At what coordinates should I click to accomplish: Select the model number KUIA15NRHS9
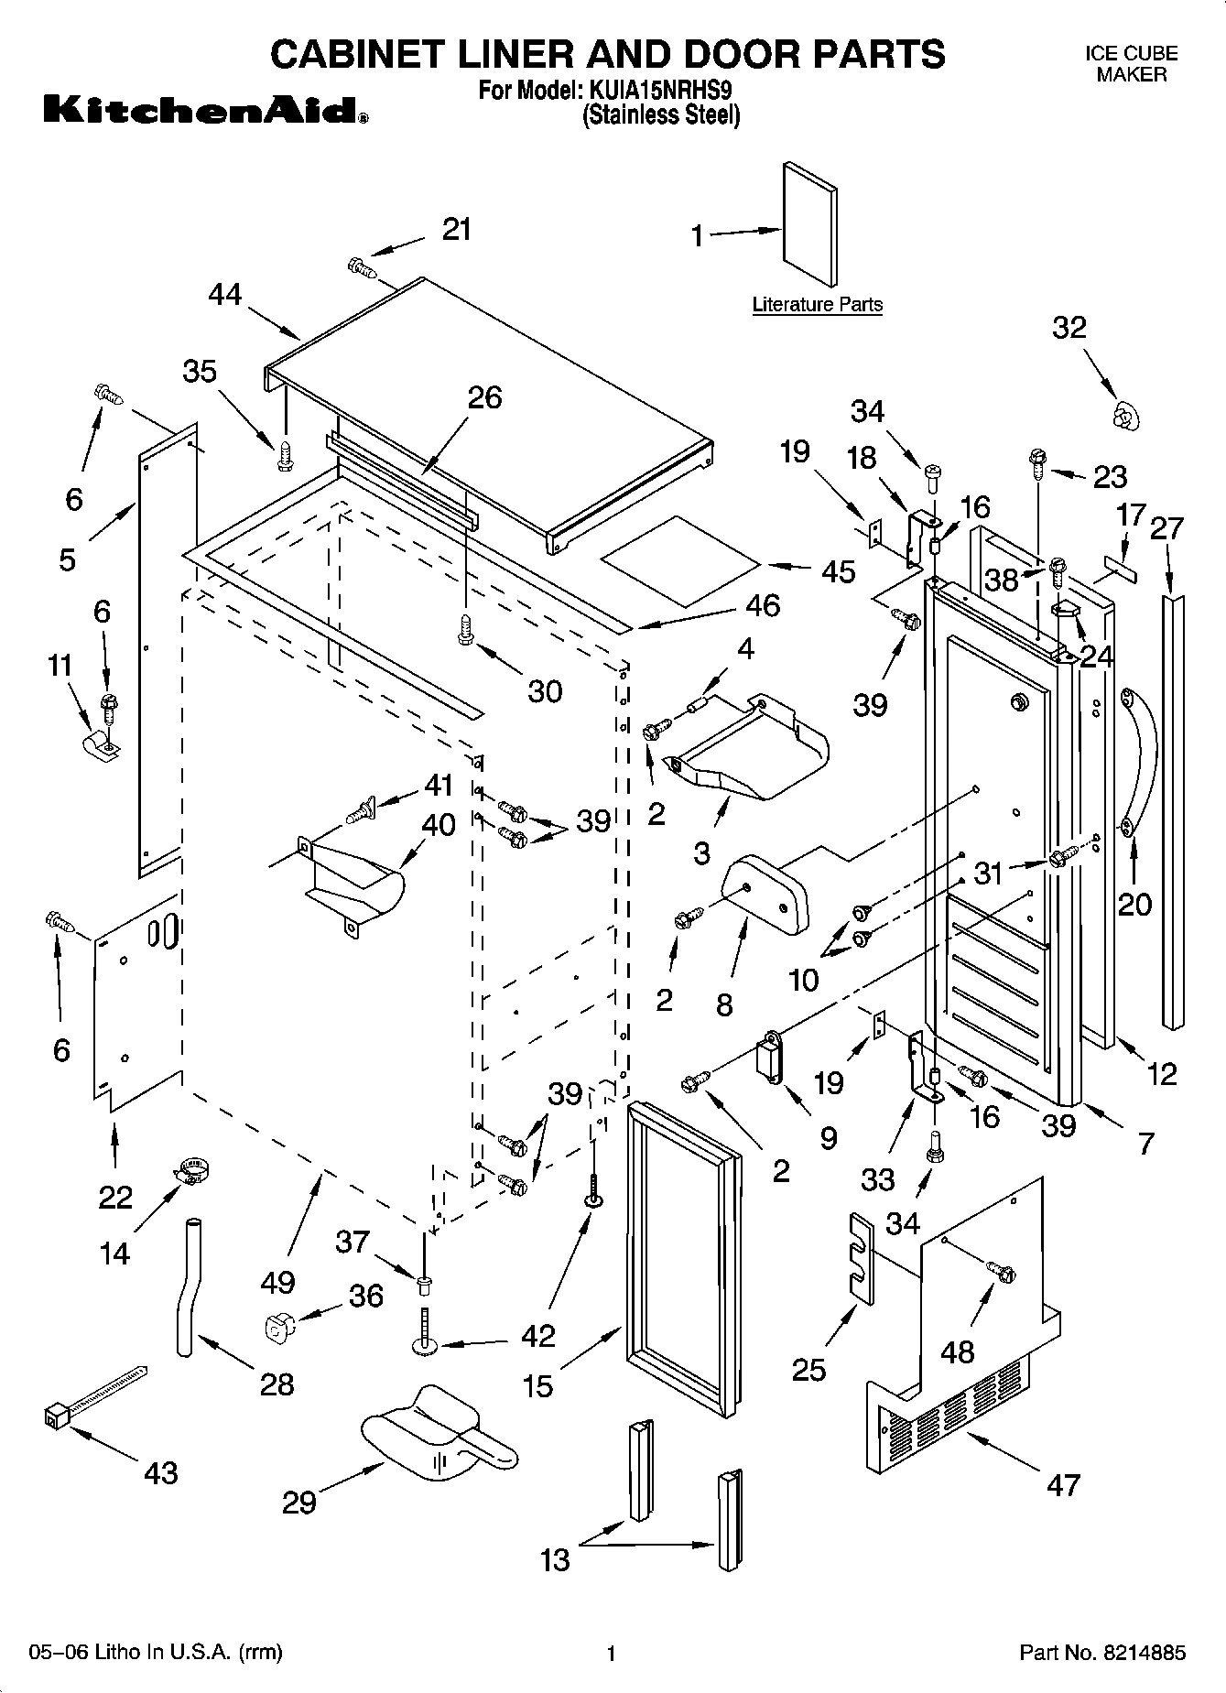658,92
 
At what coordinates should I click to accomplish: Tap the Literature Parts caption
817,305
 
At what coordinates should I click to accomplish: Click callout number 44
225,295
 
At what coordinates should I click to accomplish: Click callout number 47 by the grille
1064,1484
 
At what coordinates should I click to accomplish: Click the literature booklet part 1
809,225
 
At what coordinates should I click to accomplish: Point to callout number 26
485,397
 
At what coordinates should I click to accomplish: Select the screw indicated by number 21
363,267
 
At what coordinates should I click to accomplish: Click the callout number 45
839,571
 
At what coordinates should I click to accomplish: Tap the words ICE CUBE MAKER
1132,64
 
